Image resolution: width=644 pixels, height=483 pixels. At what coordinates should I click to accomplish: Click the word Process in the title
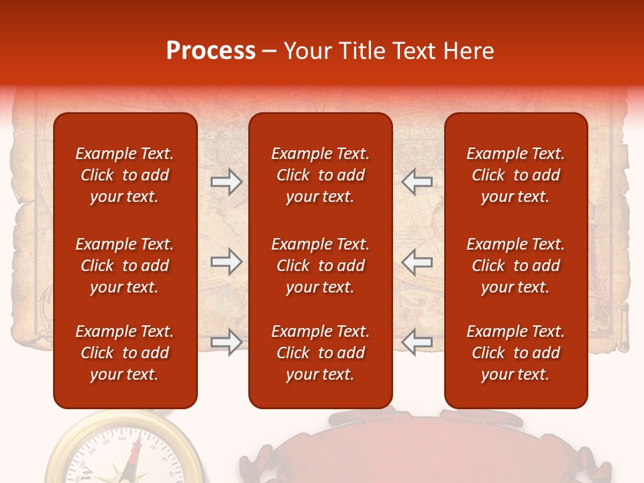coord(211,51)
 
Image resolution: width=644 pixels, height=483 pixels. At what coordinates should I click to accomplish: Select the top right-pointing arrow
coord(226,181)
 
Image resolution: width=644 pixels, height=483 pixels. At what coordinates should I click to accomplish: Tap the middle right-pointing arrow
coord(226,262)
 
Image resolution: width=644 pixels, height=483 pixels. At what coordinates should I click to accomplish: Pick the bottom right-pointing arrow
coord(226,342)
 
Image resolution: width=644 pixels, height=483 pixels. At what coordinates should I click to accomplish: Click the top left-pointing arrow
coord(417,181)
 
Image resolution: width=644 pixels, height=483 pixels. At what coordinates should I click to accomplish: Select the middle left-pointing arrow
coord(417,262)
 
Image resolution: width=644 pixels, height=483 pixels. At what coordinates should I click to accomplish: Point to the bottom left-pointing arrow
coord(417,342)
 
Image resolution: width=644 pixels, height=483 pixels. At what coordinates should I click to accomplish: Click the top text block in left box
coord(125,175)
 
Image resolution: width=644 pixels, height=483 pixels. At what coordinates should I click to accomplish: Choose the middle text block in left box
coord(125,266)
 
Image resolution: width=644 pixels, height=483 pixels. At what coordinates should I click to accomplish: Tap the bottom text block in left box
coord(125,353)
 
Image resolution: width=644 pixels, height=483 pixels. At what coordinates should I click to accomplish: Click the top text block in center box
coord(320,175)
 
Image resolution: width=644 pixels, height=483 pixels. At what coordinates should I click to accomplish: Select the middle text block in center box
coord(320,266)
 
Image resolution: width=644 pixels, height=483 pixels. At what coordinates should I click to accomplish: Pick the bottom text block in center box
coord(320,353)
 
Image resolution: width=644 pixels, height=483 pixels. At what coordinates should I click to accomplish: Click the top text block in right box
coord(515,175)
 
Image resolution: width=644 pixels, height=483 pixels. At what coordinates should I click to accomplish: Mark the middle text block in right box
coord(515,266)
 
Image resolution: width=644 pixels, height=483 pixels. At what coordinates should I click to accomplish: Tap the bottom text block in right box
coord(515,353)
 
